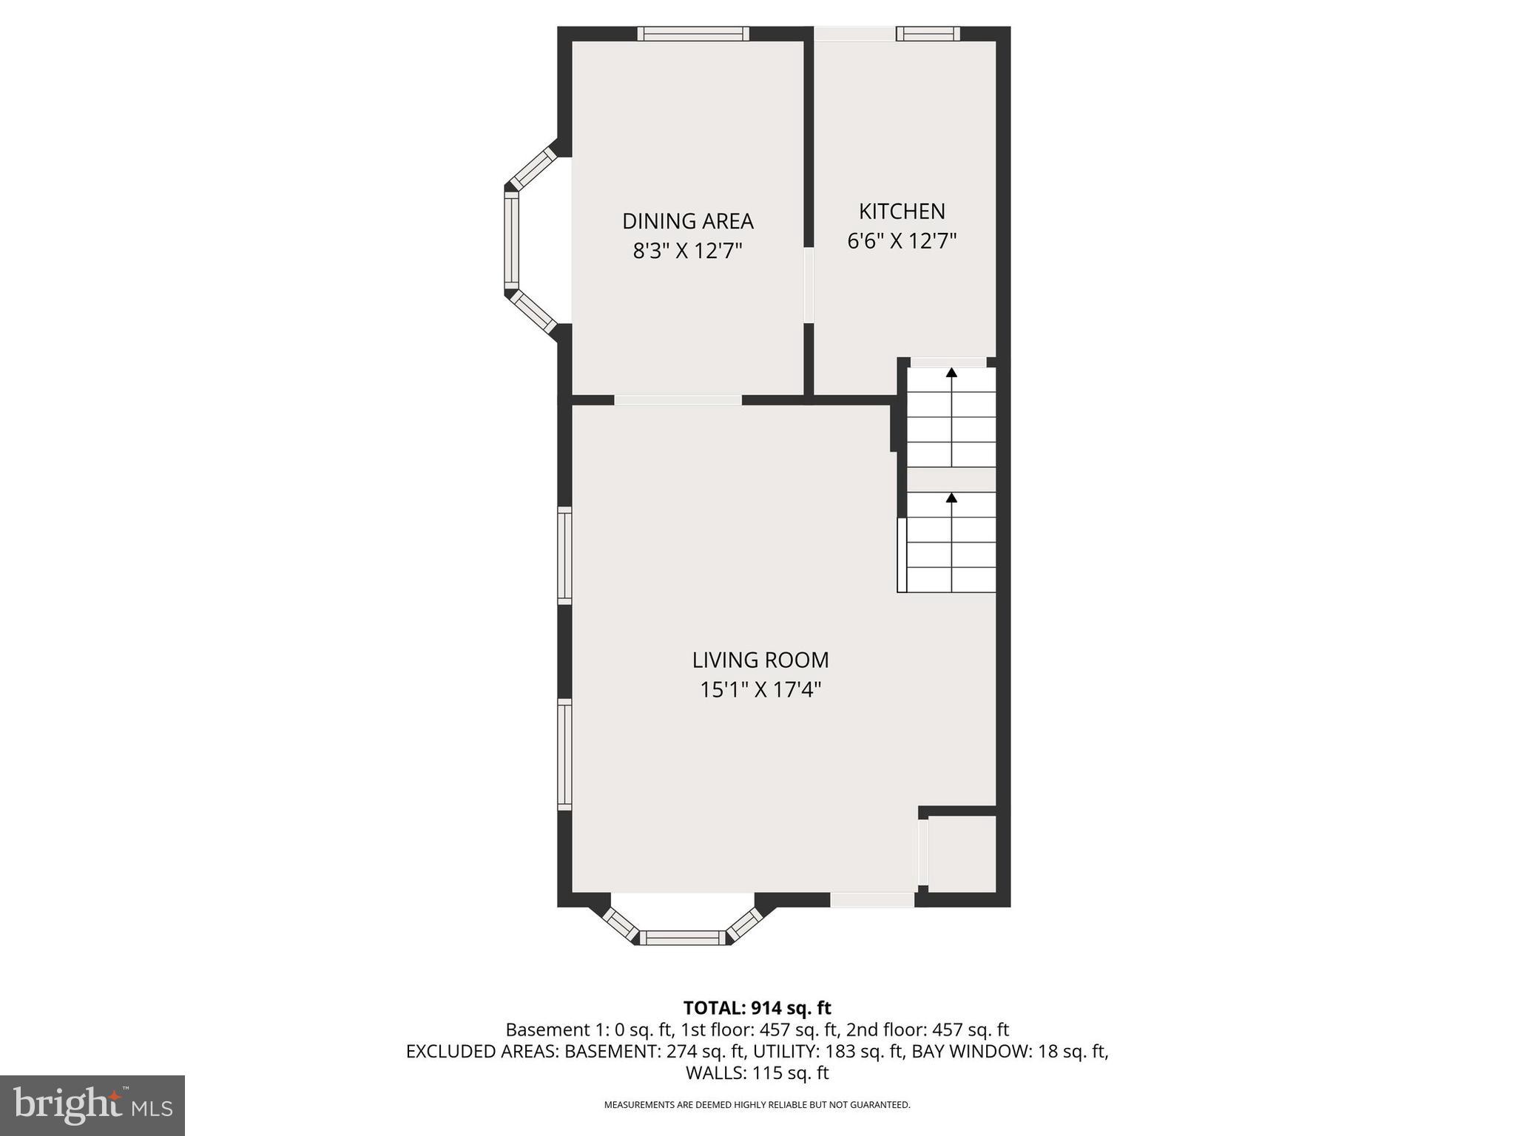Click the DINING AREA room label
[x=687, y=221]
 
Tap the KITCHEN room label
[x=902, y=212]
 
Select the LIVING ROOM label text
[x=760, y=660]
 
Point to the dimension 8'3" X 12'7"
[x=687, y=251]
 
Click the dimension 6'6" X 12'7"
[x=902, y=241]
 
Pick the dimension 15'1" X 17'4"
[x=760, y=690]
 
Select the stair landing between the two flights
[x=951, y=479]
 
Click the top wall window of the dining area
[x=693, y=33]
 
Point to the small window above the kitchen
[x=928, y=33]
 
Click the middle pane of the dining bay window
[x=511, y=240]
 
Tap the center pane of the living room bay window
[x=682, y=937]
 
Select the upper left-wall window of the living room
[x=564, y=555]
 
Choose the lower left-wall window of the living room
[x=564, y=754]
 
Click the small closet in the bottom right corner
[x=962, y=853]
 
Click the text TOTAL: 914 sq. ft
[x=757, y=1008]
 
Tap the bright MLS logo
[x=92, y=1106]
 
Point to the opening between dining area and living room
[x=678, y=400]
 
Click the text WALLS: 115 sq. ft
[x=757, y=1072]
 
